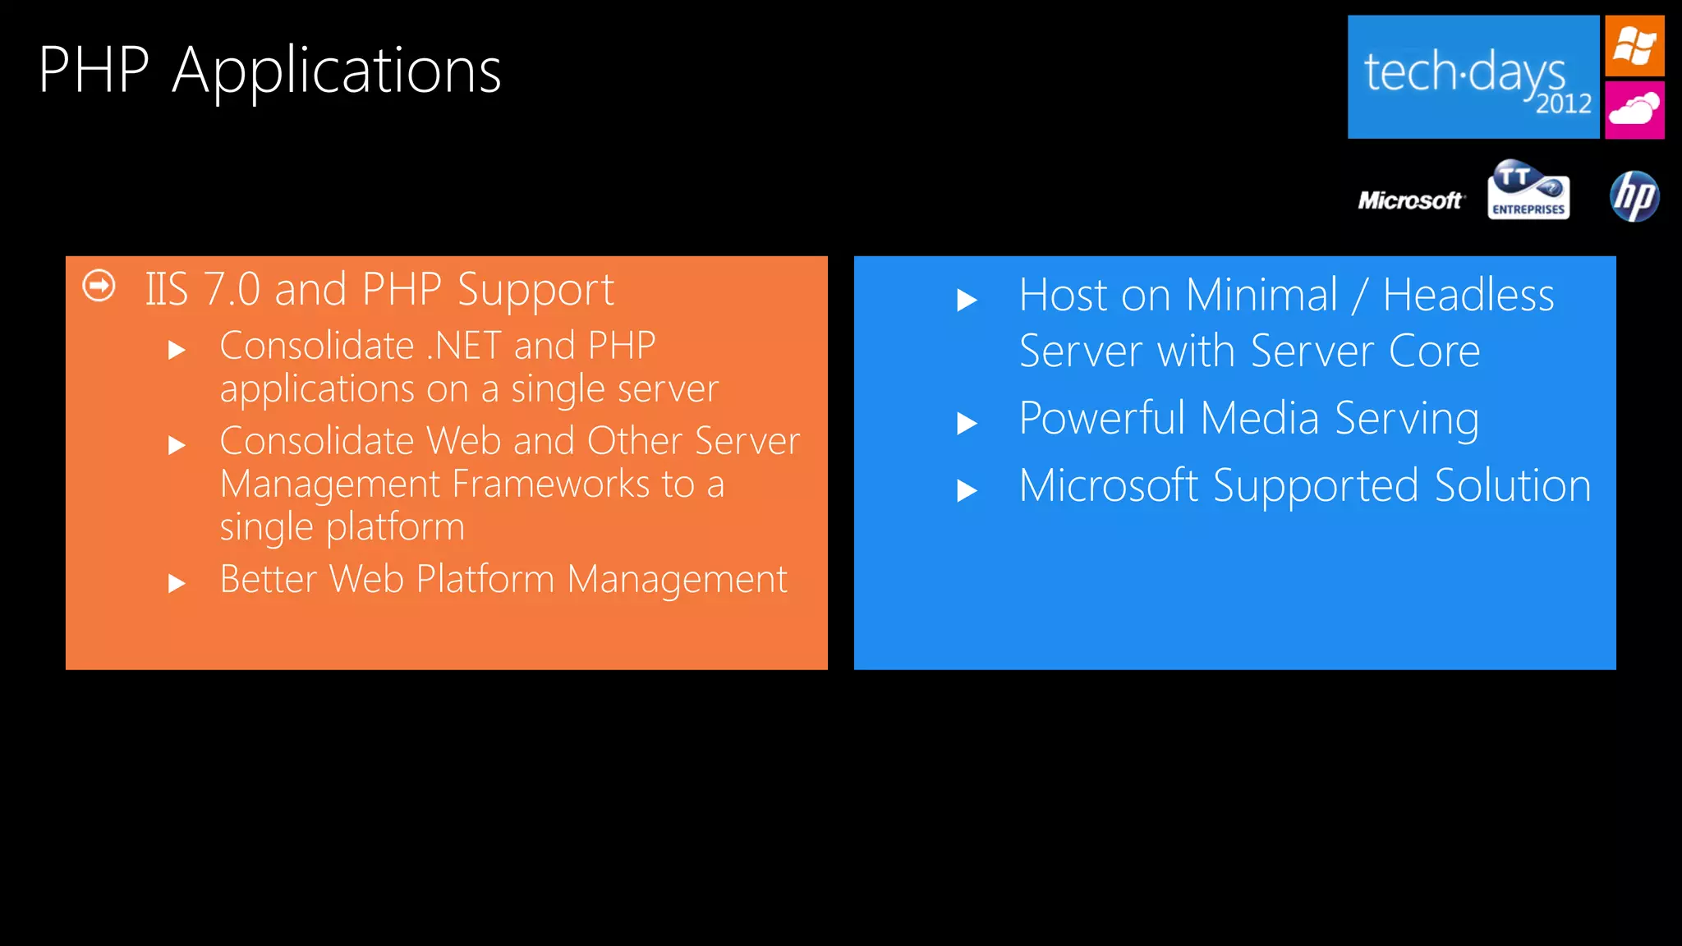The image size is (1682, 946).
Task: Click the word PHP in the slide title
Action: [x=94, y=70]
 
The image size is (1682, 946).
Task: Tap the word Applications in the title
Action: [x=337, y=72]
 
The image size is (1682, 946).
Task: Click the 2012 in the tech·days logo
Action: [x=1564, y=104]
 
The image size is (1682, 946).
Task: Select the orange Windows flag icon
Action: [x=1634, y=45]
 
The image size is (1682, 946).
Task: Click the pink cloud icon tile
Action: [x=1634, y=109]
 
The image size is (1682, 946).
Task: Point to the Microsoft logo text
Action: [x=1410, y=200]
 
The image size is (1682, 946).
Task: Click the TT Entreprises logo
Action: [x=1528, y=191]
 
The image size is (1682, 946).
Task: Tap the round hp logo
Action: [x=1634, y=196]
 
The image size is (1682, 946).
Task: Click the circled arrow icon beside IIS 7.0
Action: [x=99, y=286]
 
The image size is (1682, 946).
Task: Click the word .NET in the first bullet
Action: [x=463, y=346]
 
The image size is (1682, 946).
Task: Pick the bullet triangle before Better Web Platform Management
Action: [x=177, y=584]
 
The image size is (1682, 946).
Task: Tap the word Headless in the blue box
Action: [x=1468, y=295]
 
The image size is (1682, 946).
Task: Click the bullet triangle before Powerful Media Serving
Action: [x=967, y=424]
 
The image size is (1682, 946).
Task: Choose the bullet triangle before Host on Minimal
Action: [x=967, y=301]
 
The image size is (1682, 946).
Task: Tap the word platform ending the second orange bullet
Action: [x=395, y=526]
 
